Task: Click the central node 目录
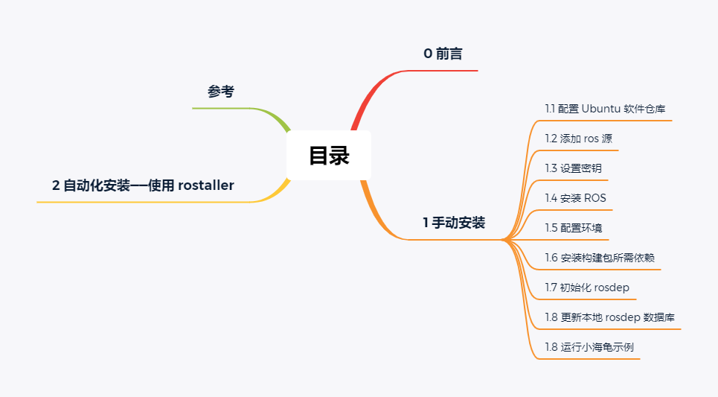click(329, 156)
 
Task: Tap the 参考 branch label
click(221, 92)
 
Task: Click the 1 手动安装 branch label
click(454, 223)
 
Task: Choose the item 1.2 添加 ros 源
click(578, 139)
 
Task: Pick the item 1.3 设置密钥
click(573, 168)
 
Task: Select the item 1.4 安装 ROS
click(575, 198)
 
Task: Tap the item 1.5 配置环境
click(573, 228)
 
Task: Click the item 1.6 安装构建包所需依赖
click(599, 258)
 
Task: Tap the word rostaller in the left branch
click(206, 185)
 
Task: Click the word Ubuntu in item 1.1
click(600, 109)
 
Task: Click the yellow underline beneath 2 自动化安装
click(149, 202)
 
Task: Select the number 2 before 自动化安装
click(56, 185)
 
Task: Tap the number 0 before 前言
click(428, 54)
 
